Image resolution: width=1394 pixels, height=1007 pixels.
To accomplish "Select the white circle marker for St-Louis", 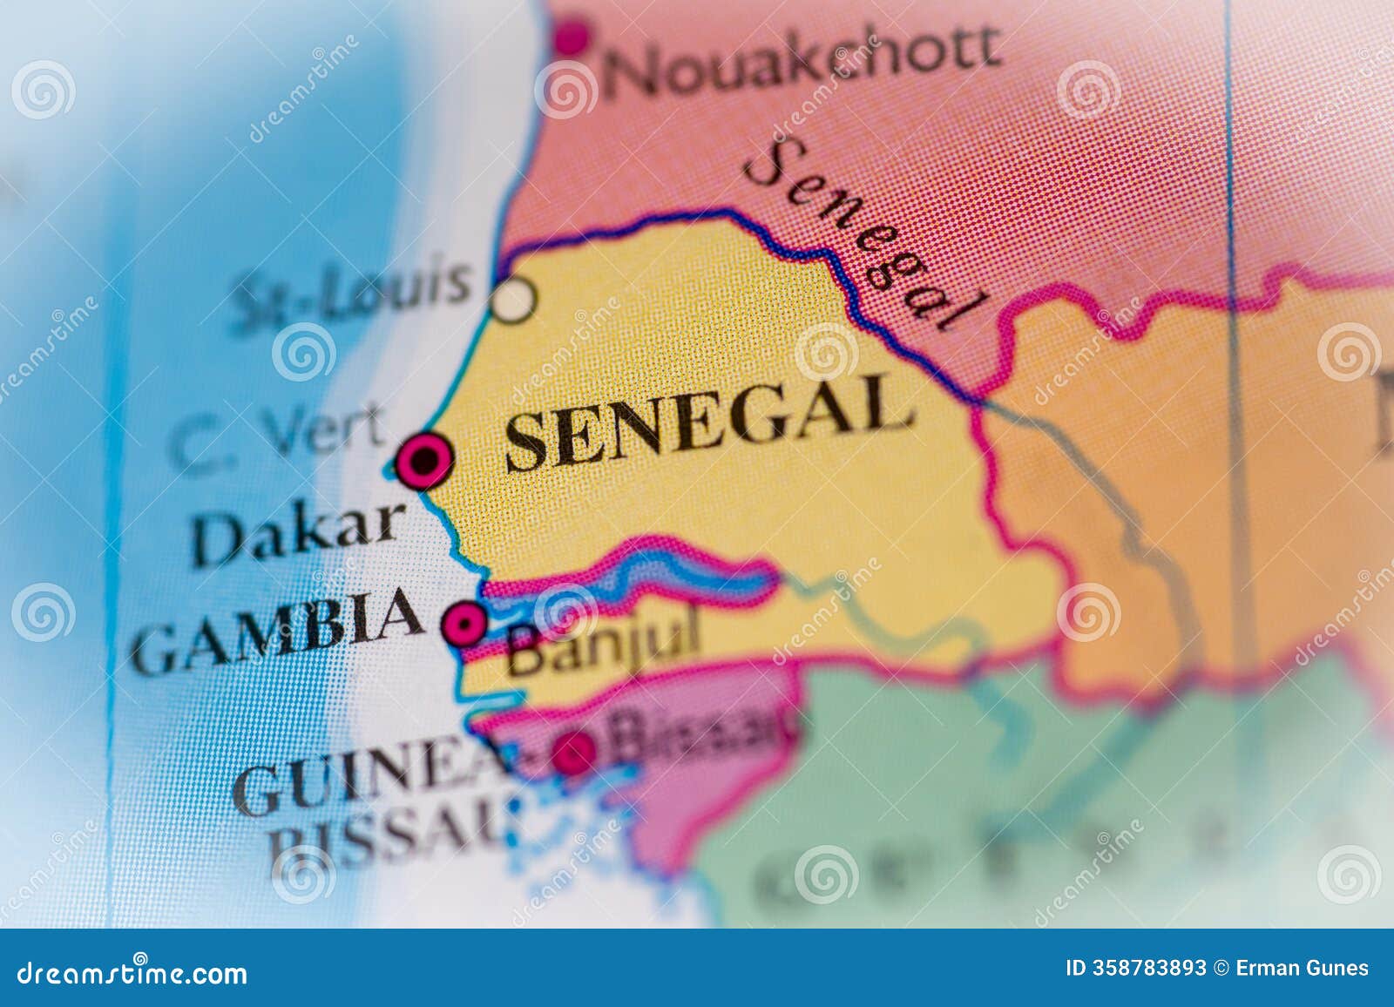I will click(x=512, y=300).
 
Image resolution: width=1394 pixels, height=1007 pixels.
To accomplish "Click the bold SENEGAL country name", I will click(x=707, y=422).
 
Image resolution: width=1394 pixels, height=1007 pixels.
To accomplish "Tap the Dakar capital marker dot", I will click(x=425, y=460).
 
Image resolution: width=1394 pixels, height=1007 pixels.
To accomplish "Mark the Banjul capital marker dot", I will click(x=464, y=623).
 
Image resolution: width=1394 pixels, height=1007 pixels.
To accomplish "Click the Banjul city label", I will click(x=603, y=648).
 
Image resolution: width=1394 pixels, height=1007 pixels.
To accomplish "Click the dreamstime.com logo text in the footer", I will click(x=132, y=972).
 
